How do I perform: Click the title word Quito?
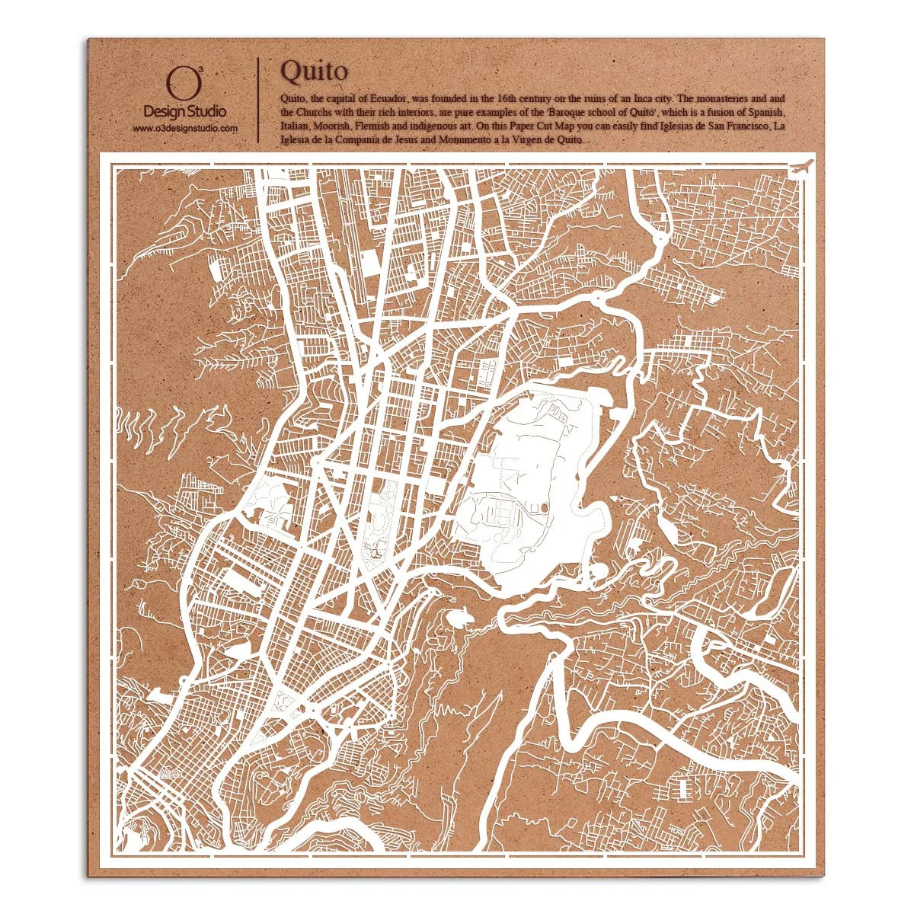314,71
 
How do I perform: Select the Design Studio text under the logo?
184,112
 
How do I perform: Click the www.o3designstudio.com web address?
185,129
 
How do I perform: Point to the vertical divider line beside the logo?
259,98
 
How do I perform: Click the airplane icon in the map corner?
801,167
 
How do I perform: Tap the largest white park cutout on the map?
533,487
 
